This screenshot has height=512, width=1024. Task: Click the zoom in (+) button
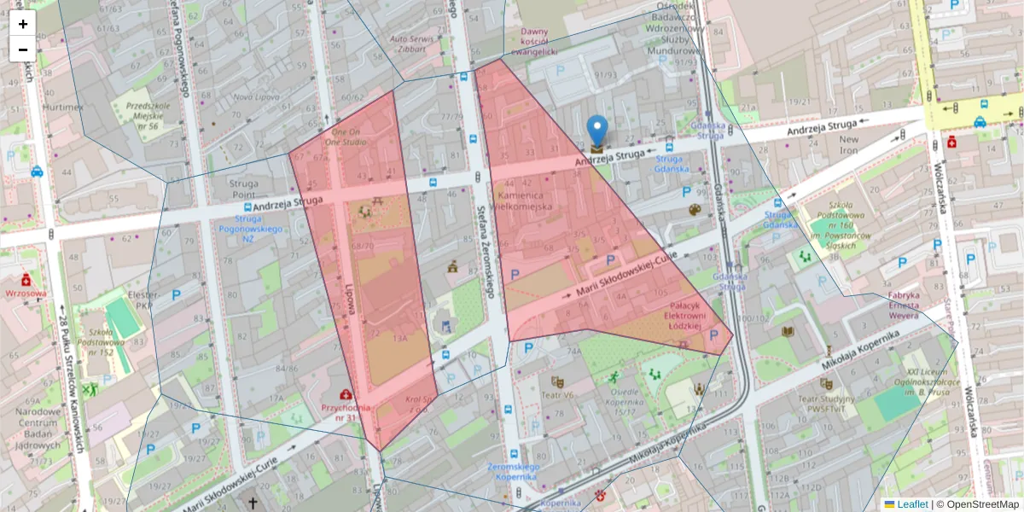23,24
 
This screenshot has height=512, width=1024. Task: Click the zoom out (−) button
23,49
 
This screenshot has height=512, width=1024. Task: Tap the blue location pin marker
598,132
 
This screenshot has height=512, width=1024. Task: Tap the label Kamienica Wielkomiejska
525,201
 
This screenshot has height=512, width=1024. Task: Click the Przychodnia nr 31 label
346,412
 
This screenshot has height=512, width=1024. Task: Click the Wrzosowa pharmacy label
26,293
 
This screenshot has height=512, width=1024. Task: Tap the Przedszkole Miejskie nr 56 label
142,115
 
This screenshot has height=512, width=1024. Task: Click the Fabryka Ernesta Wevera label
904,305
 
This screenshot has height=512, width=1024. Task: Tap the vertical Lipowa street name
350,299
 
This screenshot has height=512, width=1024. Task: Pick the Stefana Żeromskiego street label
486,252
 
